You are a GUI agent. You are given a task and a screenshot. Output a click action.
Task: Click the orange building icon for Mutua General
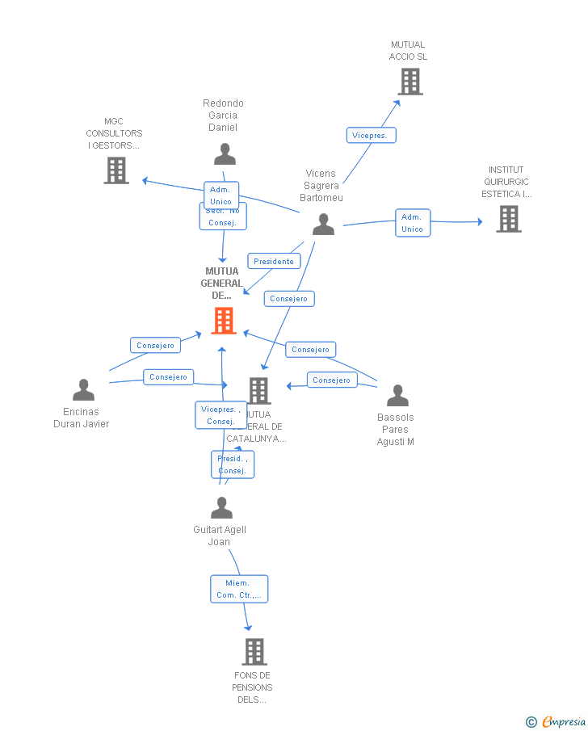[x=223, y=321]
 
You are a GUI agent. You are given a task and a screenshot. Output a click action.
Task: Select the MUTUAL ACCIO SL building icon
[x=409, y=82]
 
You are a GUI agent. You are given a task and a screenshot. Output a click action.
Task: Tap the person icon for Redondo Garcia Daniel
[x=225, y=153]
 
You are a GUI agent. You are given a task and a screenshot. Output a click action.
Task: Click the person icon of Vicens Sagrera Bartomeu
[x=323, y=224]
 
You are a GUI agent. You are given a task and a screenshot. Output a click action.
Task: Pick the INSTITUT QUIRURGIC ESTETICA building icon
[x=508, y=219]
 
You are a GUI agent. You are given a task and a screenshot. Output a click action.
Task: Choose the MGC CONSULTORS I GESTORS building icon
[x=116, y=170]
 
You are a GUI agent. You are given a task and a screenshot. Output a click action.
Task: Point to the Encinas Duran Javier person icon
[x=83, y=390]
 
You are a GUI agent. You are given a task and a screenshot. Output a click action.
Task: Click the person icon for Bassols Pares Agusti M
[x=397, y=396]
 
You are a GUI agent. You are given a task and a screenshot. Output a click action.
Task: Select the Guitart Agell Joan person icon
[x=221, y=508]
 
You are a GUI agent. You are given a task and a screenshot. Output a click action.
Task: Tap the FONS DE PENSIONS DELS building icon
[x=254, y=651]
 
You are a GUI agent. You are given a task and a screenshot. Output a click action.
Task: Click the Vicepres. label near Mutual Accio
[x=370, y=136]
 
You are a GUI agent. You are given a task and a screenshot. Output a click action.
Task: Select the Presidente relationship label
[x=274, y=262]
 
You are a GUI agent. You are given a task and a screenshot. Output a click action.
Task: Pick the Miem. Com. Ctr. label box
[x=239, y=589]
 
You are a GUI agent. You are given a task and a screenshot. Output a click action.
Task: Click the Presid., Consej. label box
[x=233, y=464]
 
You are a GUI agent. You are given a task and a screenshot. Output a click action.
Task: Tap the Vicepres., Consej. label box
[x=220, y=415]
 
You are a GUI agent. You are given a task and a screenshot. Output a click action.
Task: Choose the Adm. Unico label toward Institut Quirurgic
[x=412, y=223]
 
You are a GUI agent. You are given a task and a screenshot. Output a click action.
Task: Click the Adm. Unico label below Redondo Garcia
[x=220, y=195]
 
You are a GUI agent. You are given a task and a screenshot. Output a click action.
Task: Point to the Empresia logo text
[x=564, y=721]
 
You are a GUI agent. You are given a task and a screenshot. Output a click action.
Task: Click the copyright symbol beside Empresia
[x=531, y=722]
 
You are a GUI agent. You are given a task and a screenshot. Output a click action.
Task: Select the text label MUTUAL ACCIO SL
[x=408, y=51]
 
